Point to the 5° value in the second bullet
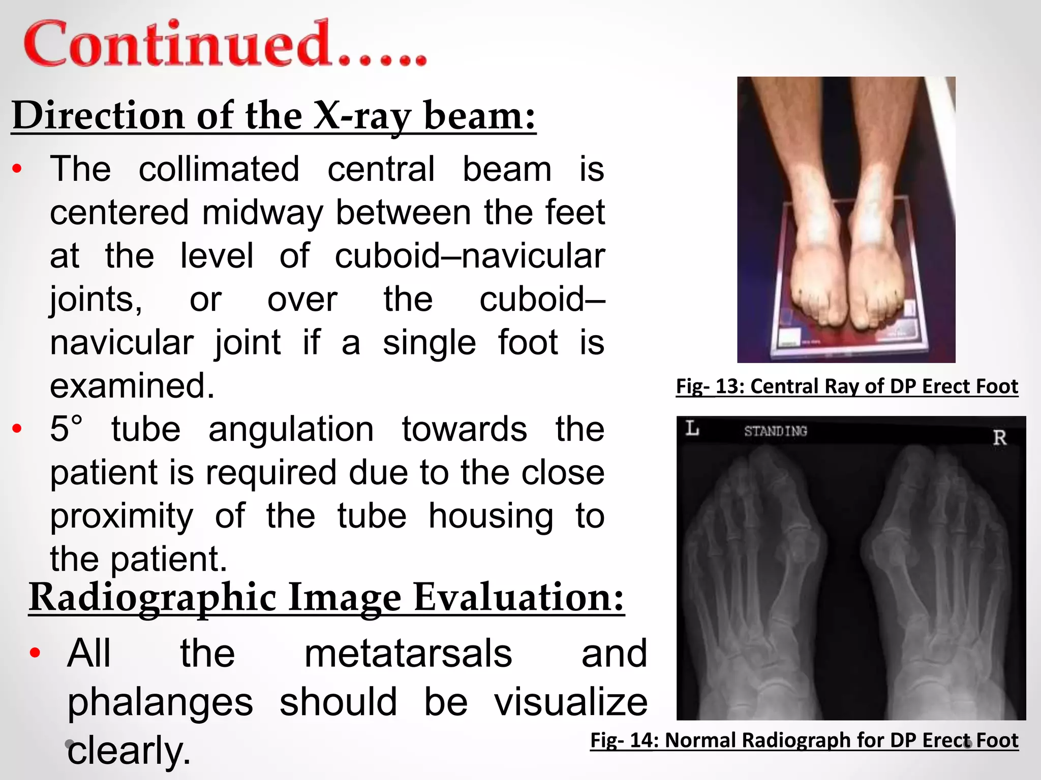point(66,429)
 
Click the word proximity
point(121,516)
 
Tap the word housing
point(491,516)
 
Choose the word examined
point(132,386)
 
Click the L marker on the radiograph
point(692,429)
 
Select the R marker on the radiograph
point(999,438)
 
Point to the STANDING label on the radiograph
point(776,432)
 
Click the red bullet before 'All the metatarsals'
point(35,653)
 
